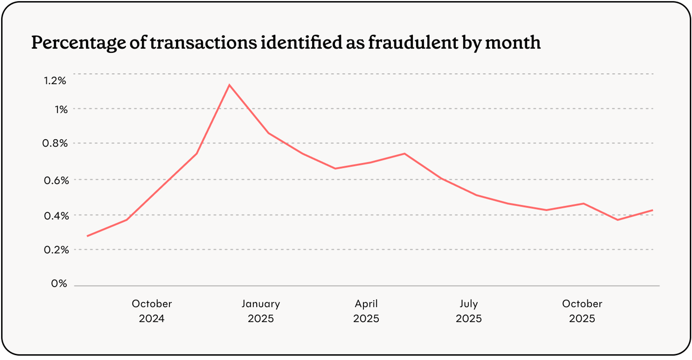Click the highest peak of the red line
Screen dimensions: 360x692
tap(229, 85)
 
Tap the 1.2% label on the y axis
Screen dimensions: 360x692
tap(55, 81)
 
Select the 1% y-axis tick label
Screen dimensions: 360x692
tap(61, 110)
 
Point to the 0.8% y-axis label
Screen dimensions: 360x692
tap(55, 143)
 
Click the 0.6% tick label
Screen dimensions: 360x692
tap(56, 180)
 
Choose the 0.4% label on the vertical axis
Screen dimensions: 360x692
tap(56, 216)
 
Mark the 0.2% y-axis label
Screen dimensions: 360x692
tap(56, 250)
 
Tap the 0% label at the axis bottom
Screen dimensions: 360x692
tap(59, 283)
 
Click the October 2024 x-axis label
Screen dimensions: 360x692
tap(152, 311)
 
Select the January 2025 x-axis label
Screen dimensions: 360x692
tap(261, 311)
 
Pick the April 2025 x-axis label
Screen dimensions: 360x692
tap(366, 311)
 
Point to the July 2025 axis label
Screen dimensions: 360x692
tap(468, 311)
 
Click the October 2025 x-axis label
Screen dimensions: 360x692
tap(582, 311)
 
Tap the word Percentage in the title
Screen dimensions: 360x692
tap(79, 43)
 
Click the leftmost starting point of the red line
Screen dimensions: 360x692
tap(87, 236)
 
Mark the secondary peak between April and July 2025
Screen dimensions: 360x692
tap(404, 153)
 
